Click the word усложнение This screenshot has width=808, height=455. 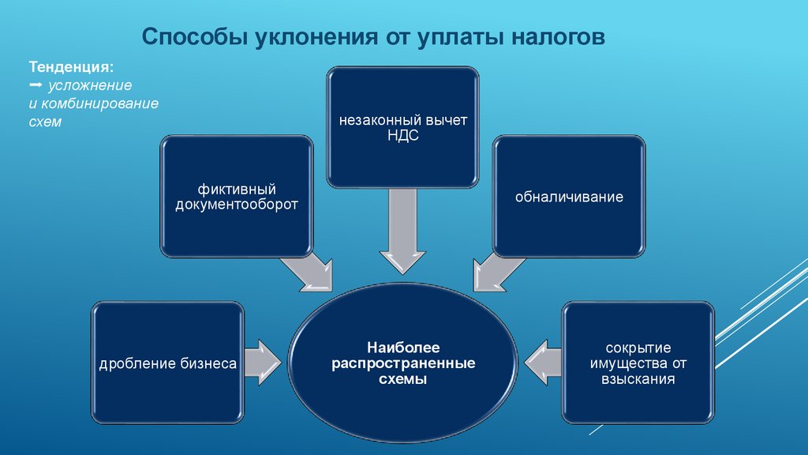91,85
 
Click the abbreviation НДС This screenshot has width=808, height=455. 403,135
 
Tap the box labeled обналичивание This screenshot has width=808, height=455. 569,196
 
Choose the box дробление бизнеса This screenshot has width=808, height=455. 167,363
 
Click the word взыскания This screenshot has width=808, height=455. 638,379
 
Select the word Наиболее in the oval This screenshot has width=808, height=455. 402,348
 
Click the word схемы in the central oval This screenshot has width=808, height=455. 402,379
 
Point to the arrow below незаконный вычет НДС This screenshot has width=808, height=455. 402,236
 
